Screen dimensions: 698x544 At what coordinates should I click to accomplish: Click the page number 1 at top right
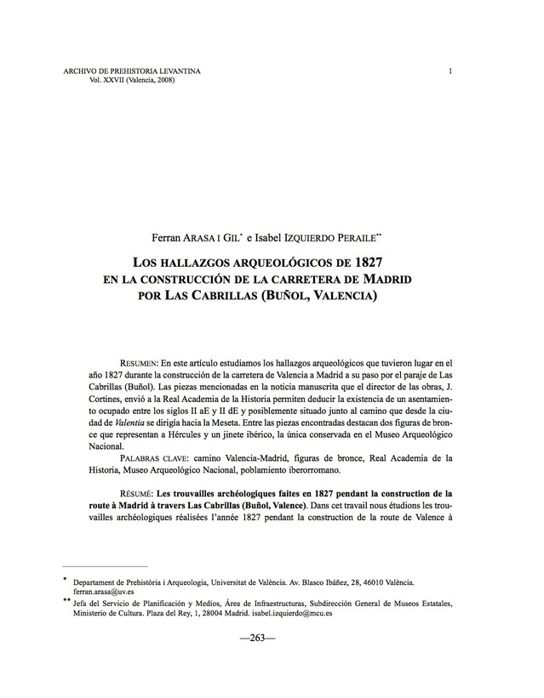click(x=450, y=71)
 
